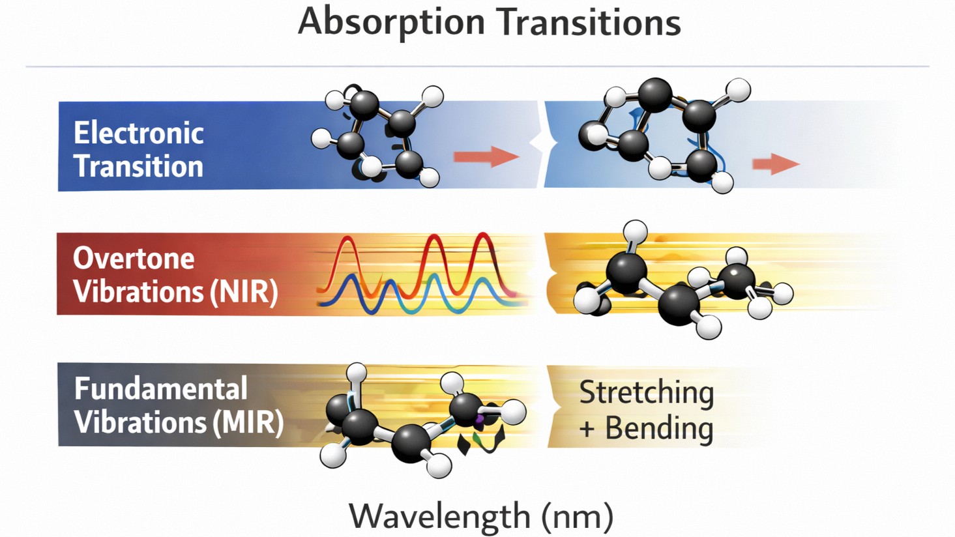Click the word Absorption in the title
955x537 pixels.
(x=391, y=22)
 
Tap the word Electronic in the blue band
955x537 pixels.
(x=138, y=133)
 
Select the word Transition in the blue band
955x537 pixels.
(x=138, y=166)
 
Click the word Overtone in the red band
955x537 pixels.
(x=134, y=259)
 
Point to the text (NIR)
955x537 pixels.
(x=244, y=291)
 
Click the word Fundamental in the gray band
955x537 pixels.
(x=160, y=389)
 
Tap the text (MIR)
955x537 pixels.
(x=248, y=422)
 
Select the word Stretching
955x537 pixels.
(x=646, y=392)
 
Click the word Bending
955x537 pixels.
(x=659, y=428)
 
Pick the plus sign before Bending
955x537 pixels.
(x=587, y=429)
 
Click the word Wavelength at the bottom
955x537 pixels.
(x=439, y=516)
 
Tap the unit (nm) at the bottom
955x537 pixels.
(x=578, y=517)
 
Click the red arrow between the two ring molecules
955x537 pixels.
(x=486, y=156)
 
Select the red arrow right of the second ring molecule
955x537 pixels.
(x=775, y=164)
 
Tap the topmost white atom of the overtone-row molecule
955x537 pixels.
(x=635, y=231)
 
